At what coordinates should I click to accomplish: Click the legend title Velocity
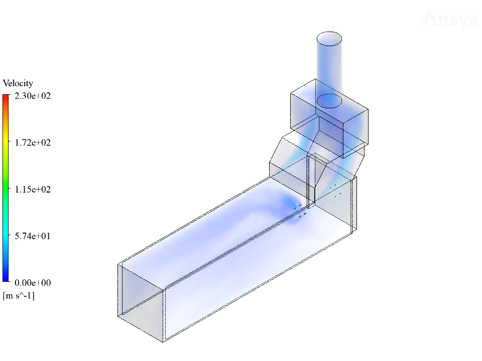click(18, 83)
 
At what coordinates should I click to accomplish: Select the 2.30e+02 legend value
click(33, 96)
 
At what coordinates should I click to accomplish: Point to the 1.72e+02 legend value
click(33, 142)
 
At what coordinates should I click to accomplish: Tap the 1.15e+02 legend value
click(33, 189)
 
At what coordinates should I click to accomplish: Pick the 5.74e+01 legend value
click(33, 236)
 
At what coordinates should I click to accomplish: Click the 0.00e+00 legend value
click(33, 282)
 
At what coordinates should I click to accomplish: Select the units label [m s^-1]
click(19, 296)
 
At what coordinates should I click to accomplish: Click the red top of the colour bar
click(6, 98)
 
